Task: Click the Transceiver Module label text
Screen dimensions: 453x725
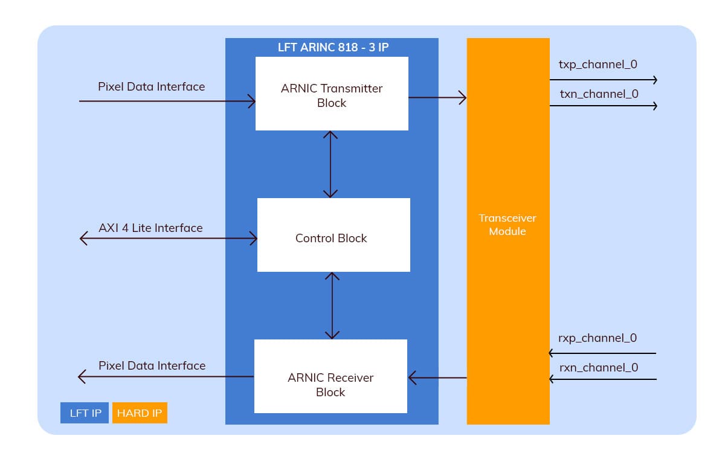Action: [x=507, y=225]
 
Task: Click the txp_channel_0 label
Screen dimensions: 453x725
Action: [x=598, y=64]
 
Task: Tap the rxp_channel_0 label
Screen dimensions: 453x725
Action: [x=598, y=338]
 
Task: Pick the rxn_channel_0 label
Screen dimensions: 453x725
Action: [x=598, y=367]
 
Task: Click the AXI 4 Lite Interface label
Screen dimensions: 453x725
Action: [x=150, y=228]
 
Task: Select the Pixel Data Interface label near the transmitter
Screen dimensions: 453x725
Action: [x=151, y=86]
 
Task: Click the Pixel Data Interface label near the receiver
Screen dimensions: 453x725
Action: [x=152, y=365]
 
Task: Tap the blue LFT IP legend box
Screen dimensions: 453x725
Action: [x=85, y=413]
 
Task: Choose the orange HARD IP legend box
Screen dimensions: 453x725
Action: [x=140, y=413]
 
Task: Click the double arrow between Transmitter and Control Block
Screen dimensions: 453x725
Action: [x=330, y=164]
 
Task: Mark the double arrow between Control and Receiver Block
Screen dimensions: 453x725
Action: [x=332, y=306]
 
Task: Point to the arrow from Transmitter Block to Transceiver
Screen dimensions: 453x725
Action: [x=437, y=97]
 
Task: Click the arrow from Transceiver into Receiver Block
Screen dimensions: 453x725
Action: [x=437, y=378]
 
